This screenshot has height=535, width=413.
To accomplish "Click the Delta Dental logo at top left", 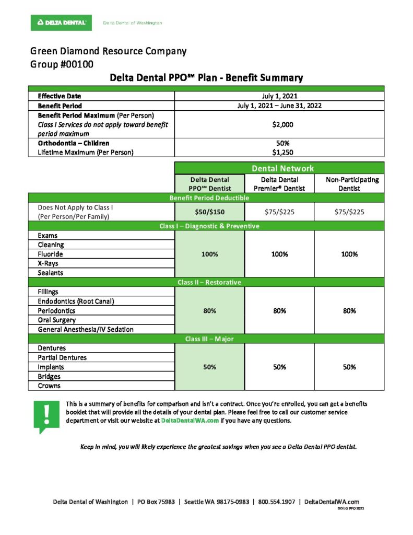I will coord(61,22).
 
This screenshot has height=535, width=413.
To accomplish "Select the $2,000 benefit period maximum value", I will coord(279,124).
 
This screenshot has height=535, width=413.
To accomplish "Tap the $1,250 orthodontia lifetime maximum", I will coord(279,152).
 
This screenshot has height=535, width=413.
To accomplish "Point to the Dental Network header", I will coord(279,168).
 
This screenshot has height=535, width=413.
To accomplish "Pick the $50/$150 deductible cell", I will coord(209,212).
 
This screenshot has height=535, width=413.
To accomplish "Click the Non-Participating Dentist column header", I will coord(349,184).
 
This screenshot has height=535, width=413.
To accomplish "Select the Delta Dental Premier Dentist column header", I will coord(279,184).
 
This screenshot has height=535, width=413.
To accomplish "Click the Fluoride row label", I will coord(50,254).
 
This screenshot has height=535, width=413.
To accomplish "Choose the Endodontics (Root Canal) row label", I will coord(76,301).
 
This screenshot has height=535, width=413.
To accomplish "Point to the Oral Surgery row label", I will coord(56,320).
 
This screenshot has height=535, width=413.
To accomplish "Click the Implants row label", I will coord(51,367).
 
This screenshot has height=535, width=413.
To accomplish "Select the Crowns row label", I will coord(49,386).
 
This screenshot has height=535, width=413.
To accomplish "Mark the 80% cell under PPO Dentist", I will coord(209,310).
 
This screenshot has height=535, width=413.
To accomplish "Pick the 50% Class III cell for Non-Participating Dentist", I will coord(349,367).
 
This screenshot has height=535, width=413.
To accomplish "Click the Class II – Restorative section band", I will coord(209,282).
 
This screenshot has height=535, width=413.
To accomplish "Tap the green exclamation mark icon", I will coord(47,416).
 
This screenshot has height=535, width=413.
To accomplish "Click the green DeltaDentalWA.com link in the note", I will coord(190,421).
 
